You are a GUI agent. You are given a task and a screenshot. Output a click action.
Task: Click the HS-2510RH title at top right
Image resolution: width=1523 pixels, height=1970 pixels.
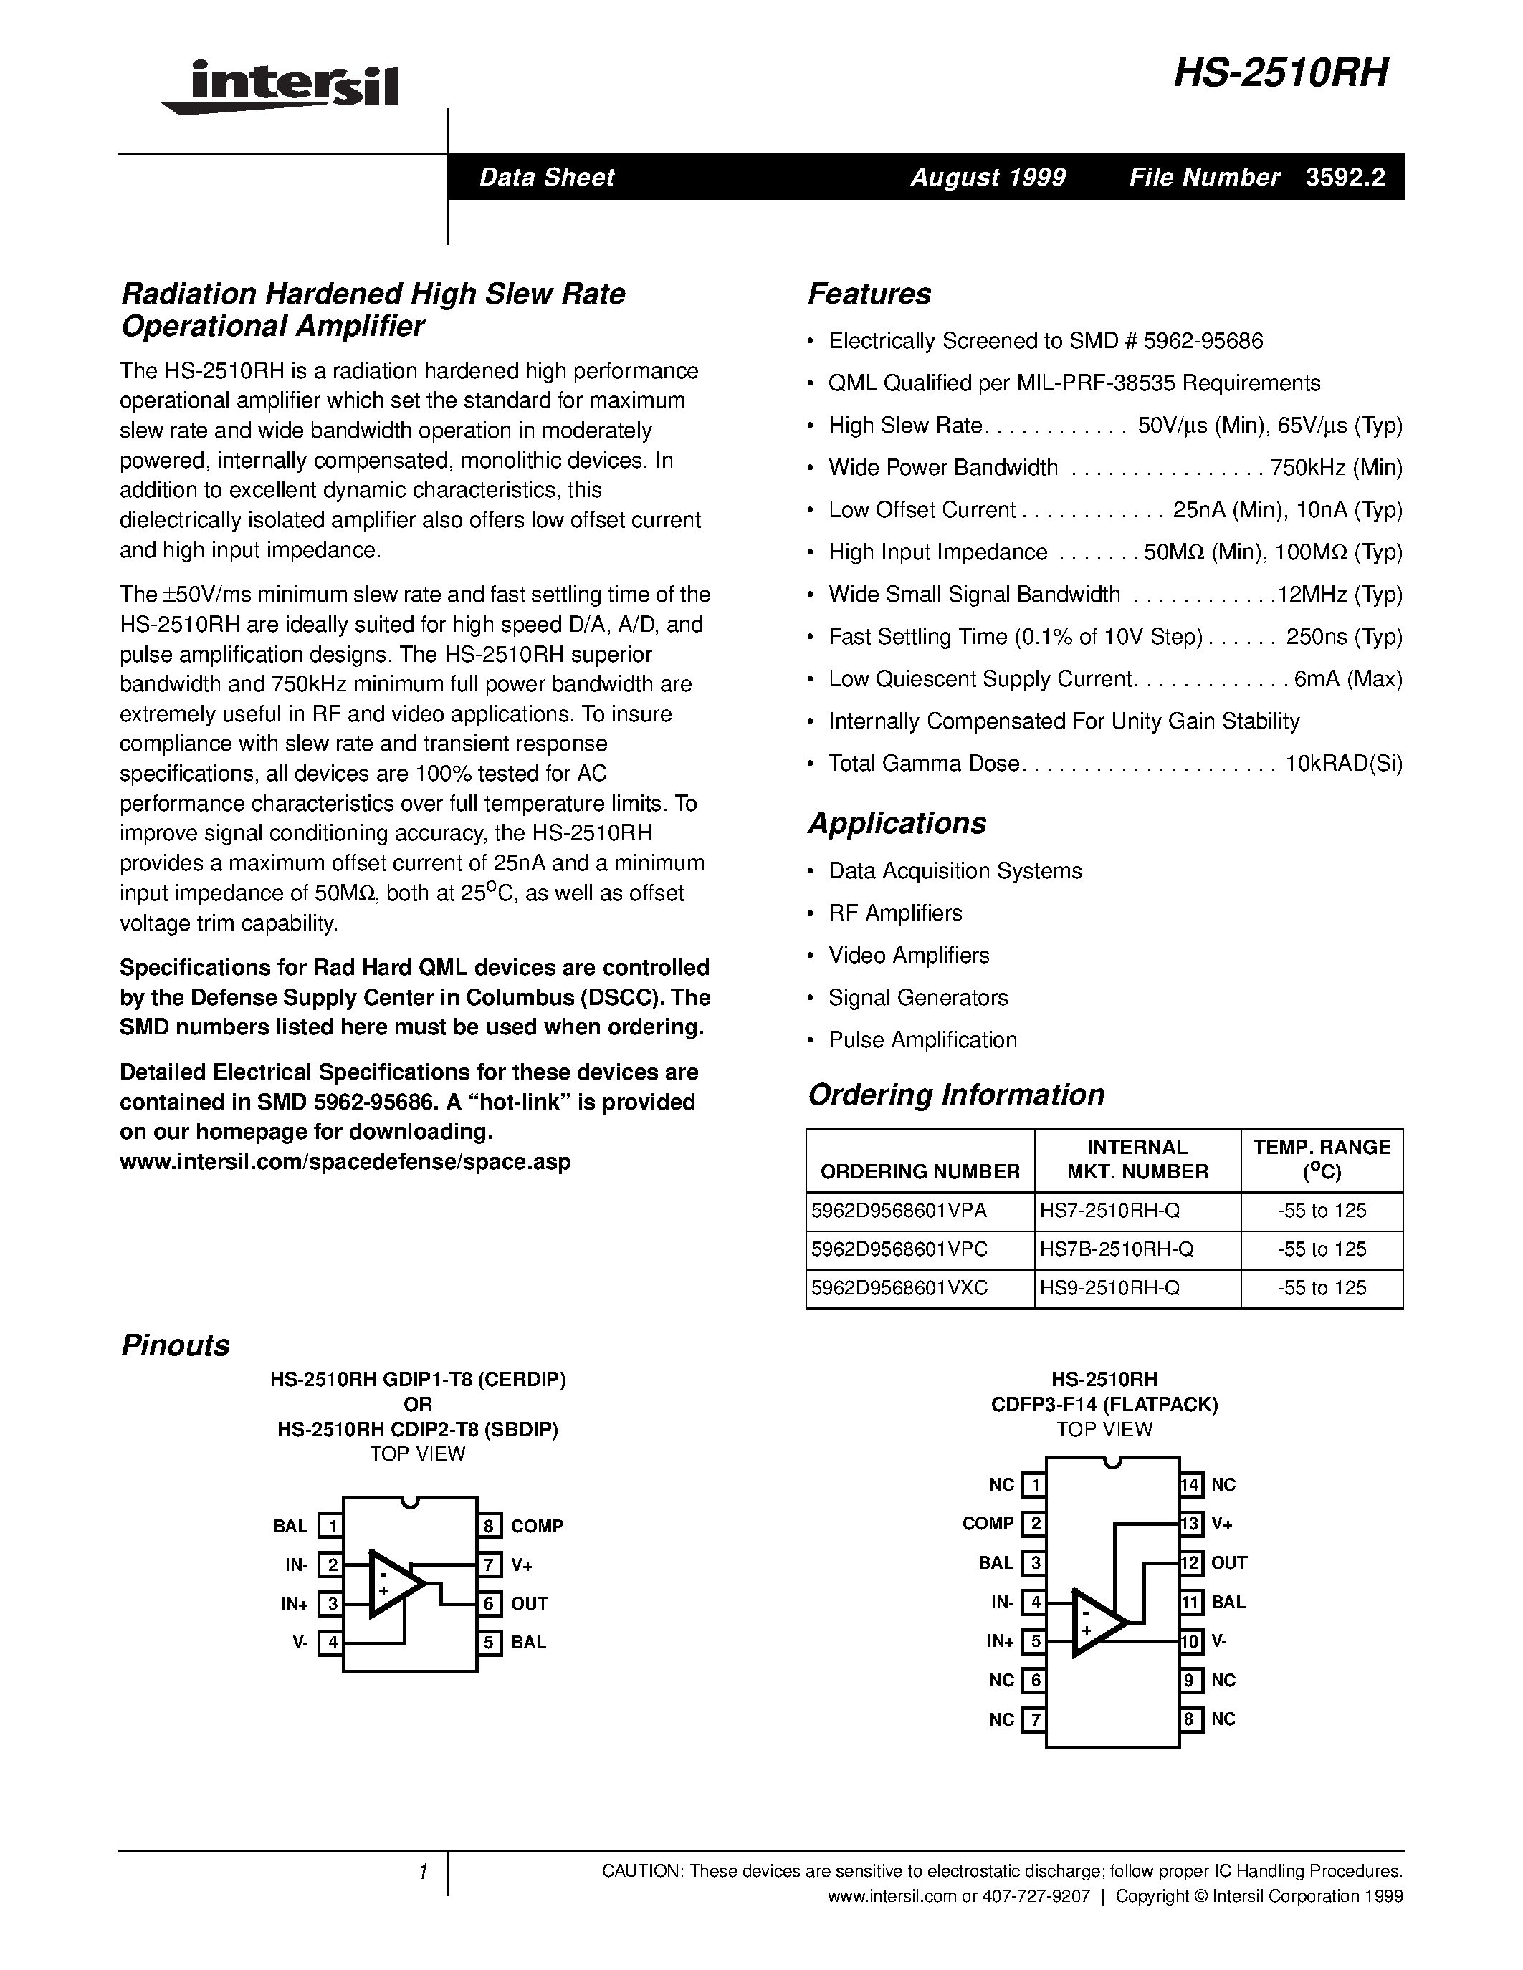tap(1280, 73)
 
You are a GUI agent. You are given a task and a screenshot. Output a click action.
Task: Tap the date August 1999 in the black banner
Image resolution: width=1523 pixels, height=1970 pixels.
tap(987, 177)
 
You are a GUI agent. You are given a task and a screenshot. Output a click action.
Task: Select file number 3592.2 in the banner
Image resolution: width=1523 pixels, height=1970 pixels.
tap(1345, 177)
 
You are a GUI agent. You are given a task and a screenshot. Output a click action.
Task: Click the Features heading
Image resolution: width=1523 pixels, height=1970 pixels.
tap(869, 294)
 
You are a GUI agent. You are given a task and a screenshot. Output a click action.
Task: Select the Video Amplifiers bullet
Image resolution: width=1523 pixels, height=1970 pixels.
tap(909, 955)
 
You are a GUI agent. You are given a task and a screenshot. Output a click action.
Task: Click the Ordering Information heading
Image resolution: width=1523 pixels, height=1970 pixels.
tap(955, 1094)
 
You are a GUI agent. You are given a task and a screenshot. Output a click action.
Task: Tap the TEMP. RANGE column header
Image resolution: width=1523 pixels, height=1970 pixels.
tap(1321, 1159)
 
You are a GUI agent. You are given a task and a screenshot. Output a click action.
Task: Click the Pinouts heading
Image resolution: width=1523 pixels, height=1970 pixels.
tap(175, 1345)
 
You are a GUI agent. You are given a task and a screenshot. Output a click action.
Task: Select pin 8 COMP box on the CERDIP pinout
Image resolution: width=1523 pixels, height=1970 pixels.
tap(489, 1526)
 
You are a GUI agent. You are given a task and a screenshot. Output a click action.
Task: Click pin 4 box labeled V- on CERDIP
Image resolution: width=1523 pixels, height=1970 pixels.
tap(332, 1643)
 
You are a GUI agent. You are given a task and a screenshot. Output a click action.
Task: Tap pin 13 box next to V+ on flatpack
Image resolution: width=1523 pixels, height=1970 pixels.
tap(1191, 1524)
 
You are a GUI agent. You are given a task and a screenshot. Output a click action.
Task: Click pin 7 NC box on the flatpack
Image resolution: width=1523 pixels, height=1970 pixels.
tap(1035, 1719)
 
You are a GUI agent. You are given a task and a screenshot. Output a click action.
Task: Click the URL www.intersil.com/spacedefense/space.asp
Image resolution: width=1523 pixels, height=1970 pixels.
tap(345, 1162)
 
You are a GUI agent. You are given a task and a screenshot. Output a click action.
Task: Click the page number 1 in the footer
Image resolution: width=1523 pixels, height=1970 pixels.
tap(422, 1873)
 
